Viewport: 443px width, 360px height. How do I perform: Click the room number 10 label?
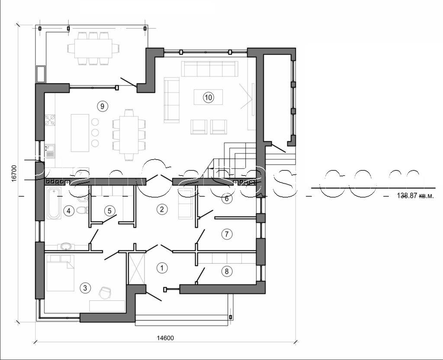208,97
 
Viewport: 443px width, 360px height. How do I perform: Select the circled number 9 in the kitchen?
102,106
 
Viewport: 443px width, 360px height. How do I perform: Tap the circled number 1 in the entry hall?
161,268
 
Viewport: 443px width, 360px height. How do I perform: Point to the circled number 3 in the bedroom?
85,287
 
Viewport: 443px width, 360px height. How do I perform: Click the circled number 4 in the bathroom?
68,211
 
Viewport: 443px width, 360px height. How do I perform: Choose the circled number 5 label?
110,211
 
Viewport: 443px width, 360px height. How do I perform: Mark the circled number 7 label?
227,234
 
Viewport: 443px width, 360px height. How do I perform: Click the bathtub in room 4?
54,203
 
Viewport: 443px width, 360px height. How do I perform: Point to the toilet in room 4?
81,210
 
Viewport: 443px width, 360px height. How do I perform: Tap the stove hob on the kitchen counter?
50,120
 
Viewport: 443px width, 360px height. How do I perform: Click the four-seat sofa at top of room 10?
210,69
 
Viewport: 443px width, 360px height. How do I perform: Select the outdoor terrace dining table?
93,48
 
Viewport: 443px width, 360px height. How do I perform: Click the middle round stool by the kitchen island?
95,132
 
